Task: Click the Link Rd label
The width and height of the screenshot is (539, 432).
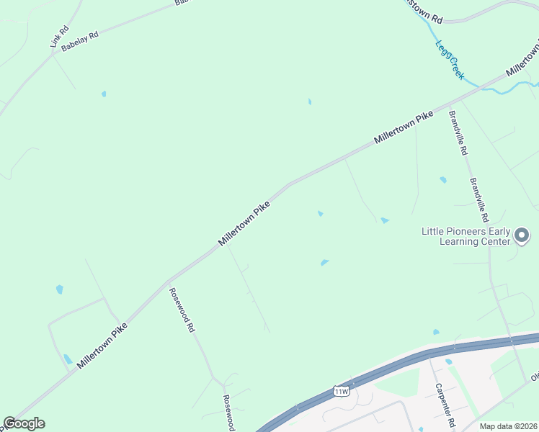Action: [x=59, y=37]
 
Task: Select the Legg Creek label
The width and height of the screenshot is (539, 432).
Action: [x=450, y=60]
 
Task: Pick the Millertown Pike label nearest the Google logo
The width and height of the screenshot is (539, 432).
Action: [x=102, y=346]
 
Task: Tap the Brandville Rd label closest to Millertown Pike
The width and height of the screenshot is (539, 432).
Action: [x=458, y=133]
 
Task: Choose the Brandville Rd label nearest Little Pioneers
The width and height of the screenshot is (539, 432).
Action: [x=479, y=200]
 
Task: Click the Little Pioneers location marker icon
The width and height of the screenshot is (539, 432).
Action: [x=523, y=235]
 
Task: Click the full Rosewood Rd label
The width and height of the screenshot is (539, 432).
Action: [x=182, y=310]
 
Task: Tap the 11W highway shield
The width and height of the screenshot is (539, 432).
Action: [x=342, y=391]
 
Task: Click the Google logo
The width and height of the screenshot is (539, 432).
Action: [x=24, y=423]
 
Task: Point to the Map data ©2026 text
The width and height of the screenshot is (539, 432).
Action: [x=508, y=426]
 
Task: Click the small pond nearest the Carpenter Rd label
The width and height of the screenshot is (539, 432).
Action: [x=448, y=361]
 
